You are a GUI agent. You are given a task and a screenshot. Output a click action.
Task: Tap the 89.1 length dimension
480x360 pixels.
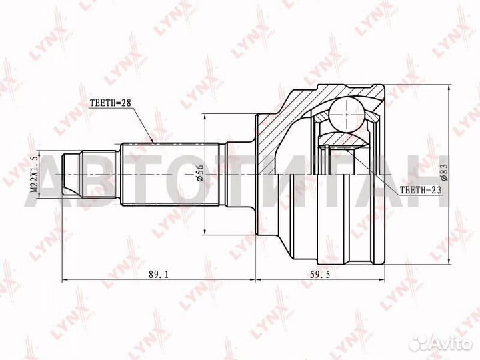click(x=157, y=273)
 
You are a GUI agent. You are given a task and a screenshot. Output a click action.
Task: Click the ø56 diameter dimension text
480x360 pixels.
click(x=198, y=175)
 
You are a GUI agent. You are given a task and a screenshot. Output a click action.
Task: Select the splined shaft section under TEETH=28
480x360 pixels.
click(x=170, y=175)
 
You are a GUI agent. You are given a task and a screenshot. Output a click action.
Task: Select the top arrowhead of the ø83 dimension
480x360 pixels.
click(x=449, y=87)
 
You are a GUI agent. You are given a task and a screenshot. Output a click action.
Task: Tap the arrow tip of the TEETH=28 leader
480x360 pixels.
click(x=155, y=142)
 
